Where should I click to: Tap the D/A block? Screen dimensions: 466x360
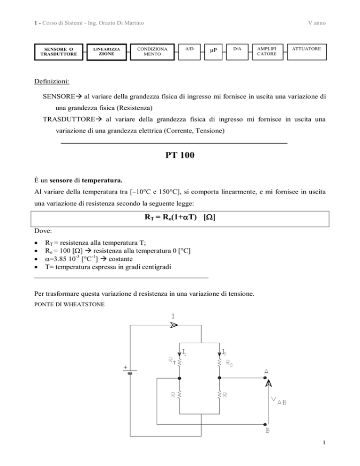coord(239,51)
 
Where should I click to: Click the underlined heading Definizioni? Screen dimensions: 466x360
coord(52,82)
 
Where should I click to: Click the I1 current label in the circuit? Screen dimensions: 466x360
coord(187,351)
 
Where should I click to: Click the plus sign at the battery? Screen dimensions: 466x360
coord(126,368)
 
